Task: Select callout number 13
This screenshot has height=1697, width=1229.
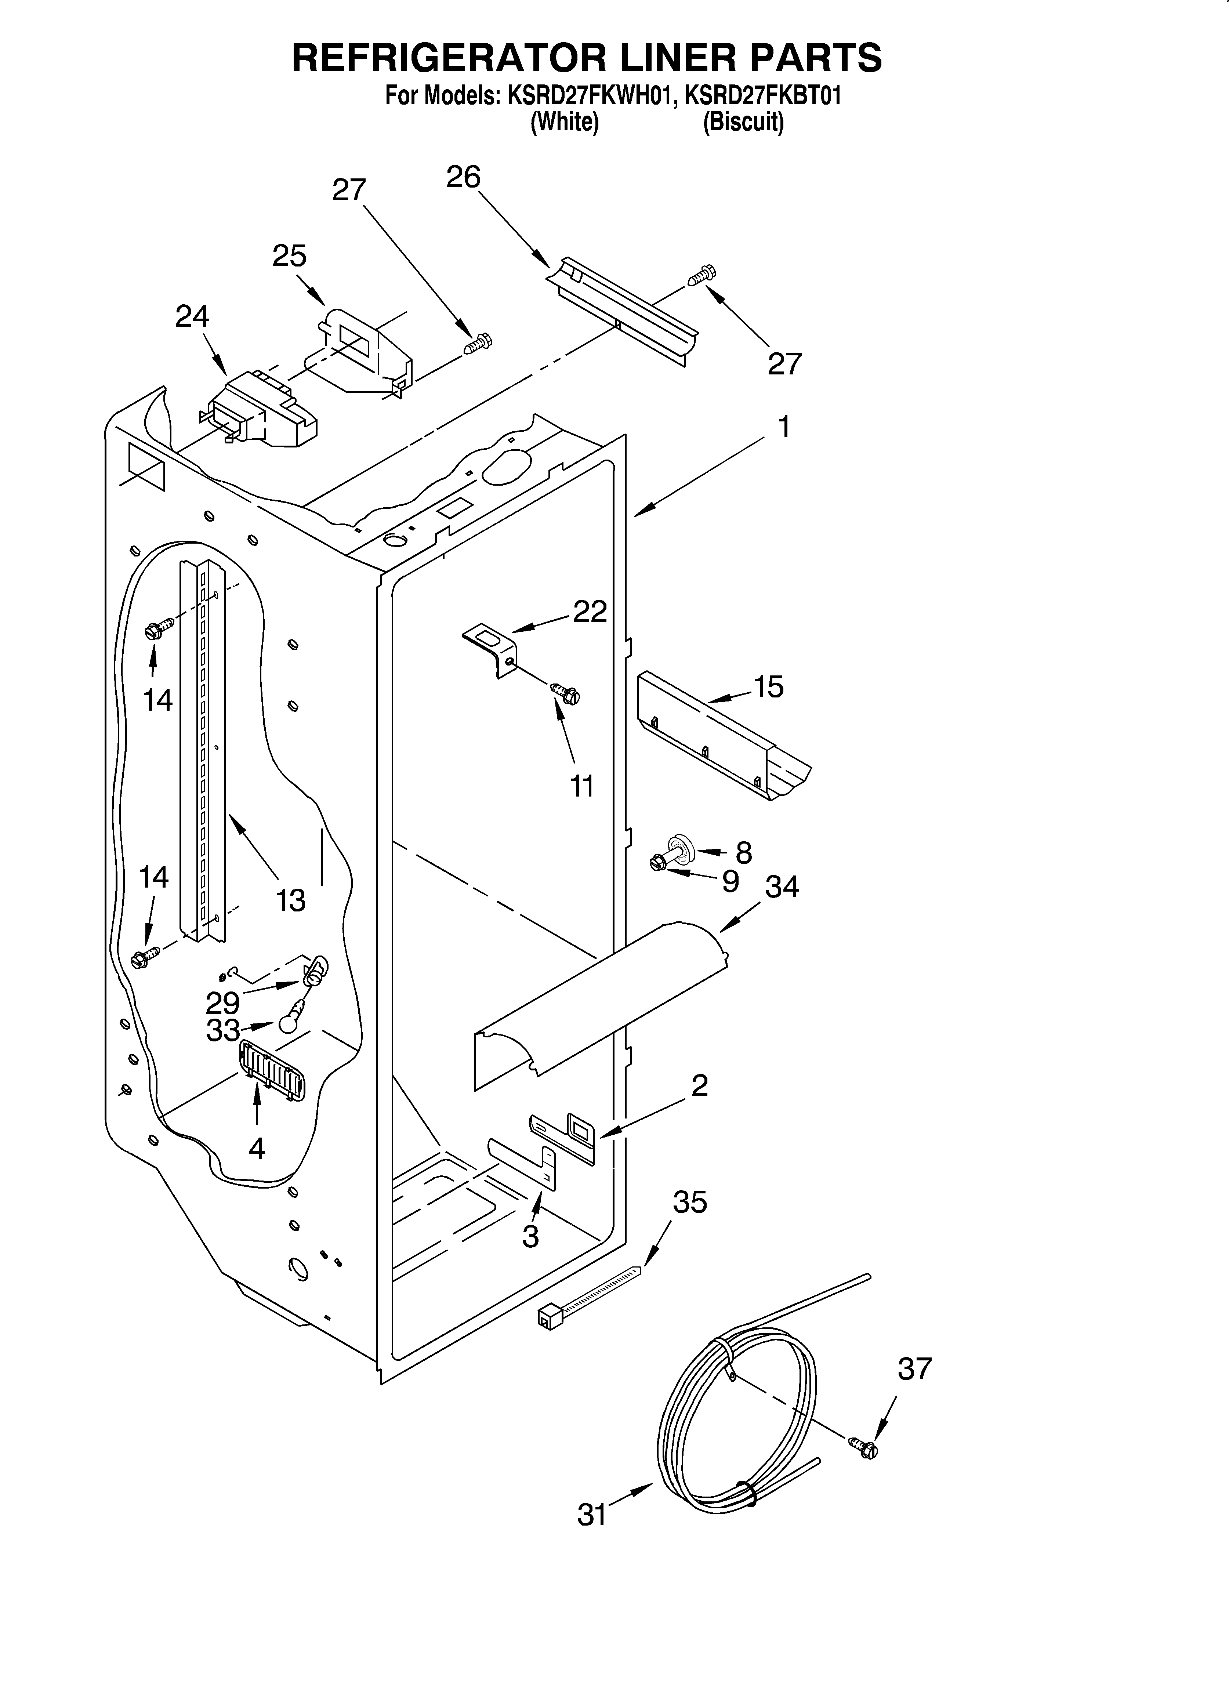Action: coord(290,900)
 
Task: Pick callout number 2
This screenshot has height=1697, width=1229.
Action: coord(699,1085)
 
